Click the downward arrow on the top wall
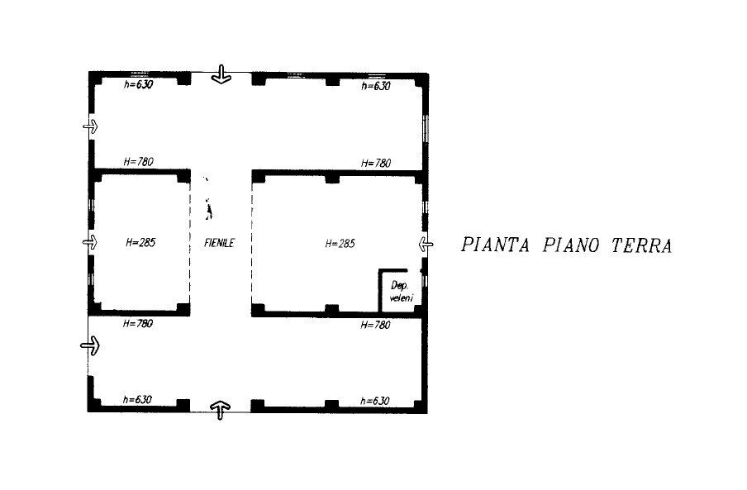click(x=221, y=75)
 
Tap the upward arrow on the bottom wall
click(x=220, y=408)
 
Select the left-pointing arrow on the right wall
click(x=425, y=244)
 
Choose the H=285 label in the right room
click(x=340, y=243)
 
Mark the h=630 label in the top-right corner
click(x=376, y=85)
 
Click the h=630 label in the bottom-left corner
click(x=137, y=400)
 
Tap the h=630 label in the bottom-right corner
click(x=375, y=401)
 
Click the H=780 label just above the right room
click(x=376, y=163)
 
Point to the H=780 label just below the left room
click(x=137, y=324)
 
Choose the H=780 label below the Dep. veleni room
click(x=376, y=325)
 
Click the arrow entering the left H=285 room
click(x=90, y=242)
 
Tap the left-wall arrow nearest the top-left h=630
click(x=90, y=126)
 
